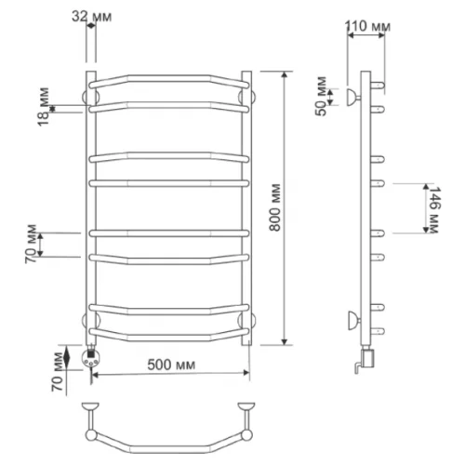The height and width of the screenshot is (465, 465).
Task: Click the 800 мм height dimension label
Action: [x=274, y=207]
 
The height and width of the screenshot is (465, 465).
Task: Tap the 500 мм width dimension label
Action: [x=171, y=365]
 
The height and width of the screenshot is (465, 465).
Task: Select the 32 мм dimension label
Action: [x=92, y=17]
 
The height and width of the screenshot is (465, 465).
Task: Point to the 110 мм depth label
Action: [x=368, y=26]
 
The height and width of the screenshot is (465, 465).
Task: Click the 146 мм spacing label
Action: [x=432, y=209]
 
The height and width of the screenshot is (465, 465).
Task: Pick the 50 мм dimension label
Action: [x=322, y=96]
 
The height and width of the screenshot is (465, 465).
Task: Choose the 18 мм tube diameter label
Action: [x=44, y=107]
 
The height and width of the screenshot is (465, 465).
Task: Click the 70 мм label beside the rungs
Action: [x=31, y=245]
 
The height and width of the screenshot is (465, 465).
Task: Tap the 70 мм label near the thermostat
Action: [x=58, y=372]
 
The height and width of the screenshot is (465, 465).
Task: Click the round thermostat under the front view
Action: [x=90, y=358]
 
